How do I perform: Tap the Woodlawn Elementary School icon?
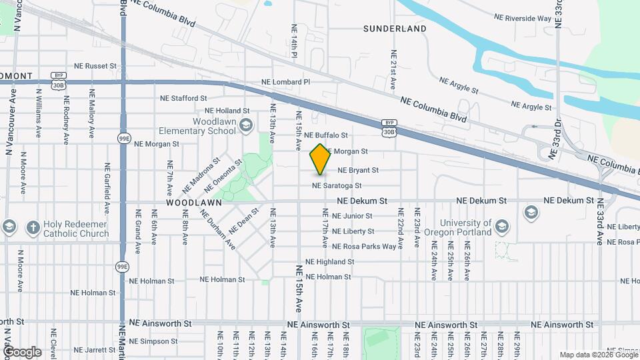[246, 125]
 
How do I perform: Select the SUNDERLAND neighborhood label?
[395, 29]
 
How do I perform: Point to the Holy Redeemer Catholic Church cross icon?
[32, 227]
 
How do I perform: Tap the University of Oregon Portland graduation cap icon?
[531, 213]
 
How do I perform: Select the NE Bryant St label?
[358, 171]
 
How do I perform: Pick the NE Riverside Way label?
[523, 19]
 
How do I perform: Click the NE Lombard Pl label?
[286, 82]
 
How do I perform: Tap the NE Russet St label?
[95, 66]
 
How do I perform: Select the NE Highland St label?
[329, 262]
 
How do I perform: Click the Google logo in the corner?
[21, 352]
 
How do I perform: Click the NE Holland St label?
[227, 111]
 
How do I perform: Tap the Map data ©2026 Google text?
[598, 355]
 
